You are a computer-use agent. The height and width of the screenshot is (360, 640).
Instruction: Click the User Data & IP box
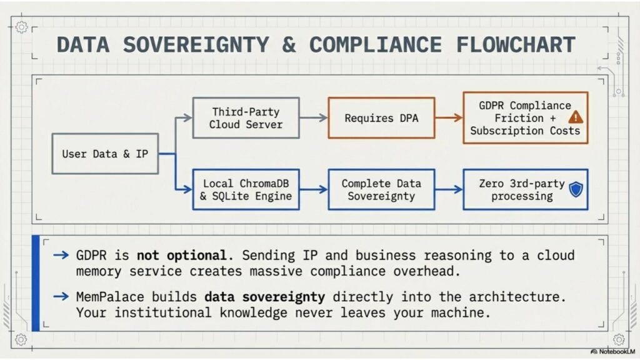[105, 154]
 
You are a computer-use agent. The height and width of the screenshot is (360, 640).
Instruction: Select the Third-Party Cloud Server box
[246, 118]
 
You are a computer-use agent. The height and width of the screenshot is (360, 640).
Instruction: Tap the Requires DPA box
[381, 118]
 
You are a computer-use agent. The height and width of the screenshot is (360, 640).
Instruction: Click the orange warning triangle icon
[576, 117]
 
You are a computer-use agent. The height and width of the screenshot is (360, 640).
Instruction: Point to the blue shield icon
[576, 189]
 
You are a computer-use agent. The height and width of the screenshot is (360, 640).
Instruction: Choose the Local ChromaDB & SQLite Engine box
[246, 190]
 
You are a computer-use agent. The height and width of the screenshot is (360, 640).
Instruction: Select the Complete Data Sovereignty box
[381, 190]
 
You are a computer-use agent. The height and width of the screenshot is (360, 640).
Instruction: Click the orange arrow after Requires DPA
[449, 118]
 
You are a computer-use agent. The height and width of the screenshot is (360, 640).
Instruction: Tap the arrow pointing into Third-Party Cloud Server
[176, 136]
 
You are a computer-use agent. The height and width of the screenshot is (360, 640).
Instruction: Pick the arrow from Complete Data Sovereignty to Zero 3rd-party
[449, 189]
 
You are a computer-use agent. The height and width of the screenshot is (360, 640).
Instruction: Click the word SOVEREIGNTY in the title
[196, 44]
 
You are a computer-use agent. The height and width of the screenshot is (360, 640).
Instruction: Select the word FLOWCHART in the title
[516, 44]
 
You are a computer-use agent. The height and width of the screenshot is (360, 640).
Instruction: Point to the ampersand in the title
[289, 44]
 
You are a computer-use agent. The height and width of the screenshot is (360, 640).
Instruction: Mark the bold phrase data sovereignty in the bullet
[264, 297]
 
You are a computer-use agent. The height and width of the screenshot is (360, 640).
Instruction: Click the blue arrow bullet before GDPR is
[61, 255]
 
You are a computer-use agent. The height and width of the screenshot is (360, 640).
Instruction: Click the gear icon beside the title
[22, 27]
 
